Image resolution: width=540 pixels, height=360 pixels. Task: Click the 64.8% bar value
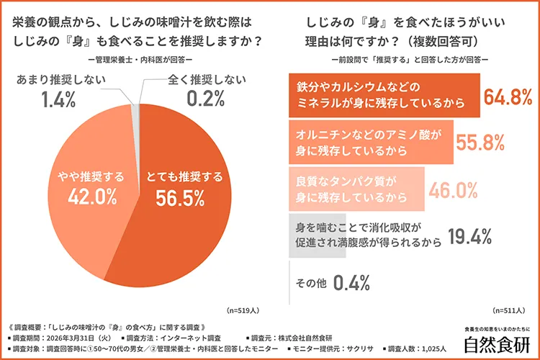[499, 97]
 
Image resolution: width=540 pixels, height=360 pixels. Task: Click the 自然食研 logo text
[496, 343]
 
